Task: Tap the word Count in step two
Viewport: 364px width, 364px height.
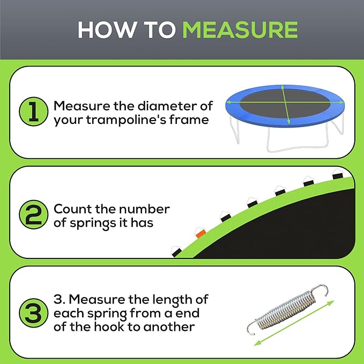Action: (73, 209)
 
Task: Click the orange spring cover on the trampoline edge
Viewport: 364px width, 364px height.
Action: (200, 233)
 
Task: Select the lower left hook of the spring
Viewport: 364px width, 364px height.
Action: (252, 327)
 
